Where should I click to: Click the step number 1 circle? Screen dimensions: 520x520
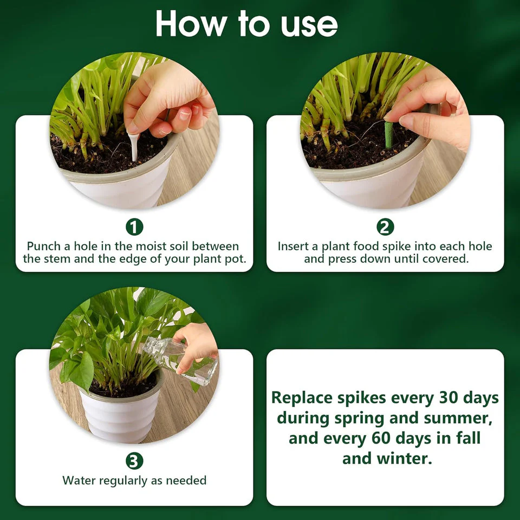(134, 227)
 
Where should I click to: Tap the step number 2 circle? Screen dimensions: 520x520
(385, 227)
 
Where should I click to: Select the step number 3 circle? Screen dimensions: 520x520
(134, 461)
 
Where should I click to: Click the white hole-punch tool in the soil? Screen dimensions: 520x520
(133, 145)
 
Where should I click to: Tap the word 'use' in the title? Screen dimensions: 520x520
(309, 25)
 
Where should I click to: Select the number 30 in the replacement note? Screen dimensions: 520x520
(449, 398)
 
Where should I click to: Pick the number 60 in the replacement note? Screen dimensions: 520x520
(382, 438)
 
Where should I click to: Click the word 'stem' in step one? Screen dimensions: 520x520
(58, 259)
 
